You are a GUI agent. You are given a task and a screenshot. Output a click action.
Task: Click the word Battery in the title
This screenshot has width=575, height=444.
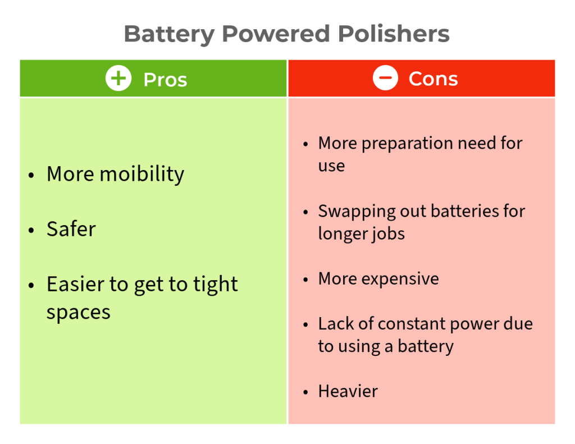[x=170, y=35]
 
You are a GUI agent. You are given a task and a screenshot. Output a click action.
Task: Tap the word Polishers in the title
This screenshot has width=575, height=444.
[x=394, y=34]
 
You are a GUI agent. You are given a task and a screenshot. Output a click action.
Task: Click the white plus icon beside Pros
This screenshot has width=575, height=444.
[x=118, y=79]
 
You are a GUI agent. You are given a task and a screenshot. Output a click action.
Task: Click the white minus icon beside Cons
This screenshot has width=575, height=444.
[x=385, y=77]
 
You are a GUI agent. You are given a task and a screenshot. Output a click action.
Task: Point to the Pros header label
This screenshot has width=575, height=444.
[x=165, y=80]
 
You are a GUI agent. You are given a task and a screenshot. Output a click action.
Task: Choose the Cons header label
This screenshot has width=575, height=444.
[x=433, y=79]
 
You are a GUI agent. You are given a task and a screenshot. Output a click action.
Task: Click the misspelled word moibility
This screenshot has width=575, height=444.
[x=142, y=175]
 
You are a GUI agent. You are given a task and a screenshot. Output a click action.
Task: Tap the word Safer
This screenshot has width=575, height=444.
[x=71, y=229]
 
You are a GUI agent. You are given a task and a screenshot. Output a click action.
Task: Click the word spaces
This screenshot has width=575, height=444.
[x=79, y=313]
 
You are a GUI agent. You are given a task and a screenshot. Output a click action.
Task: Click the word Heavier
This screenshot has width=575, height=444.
[x=348, y=391]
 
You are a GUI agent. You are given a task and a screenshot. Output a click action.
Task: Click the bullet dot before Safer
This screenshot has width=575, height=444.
[x=31, y=230]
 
